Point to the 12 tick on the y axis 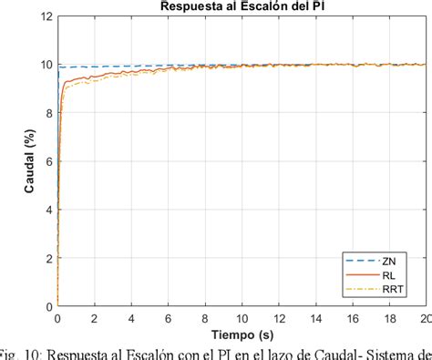point(46,16)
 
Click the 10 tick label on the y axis point(46,65)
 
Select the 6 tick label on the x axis point(168,318)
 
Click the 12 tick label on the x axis point(278,318)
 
